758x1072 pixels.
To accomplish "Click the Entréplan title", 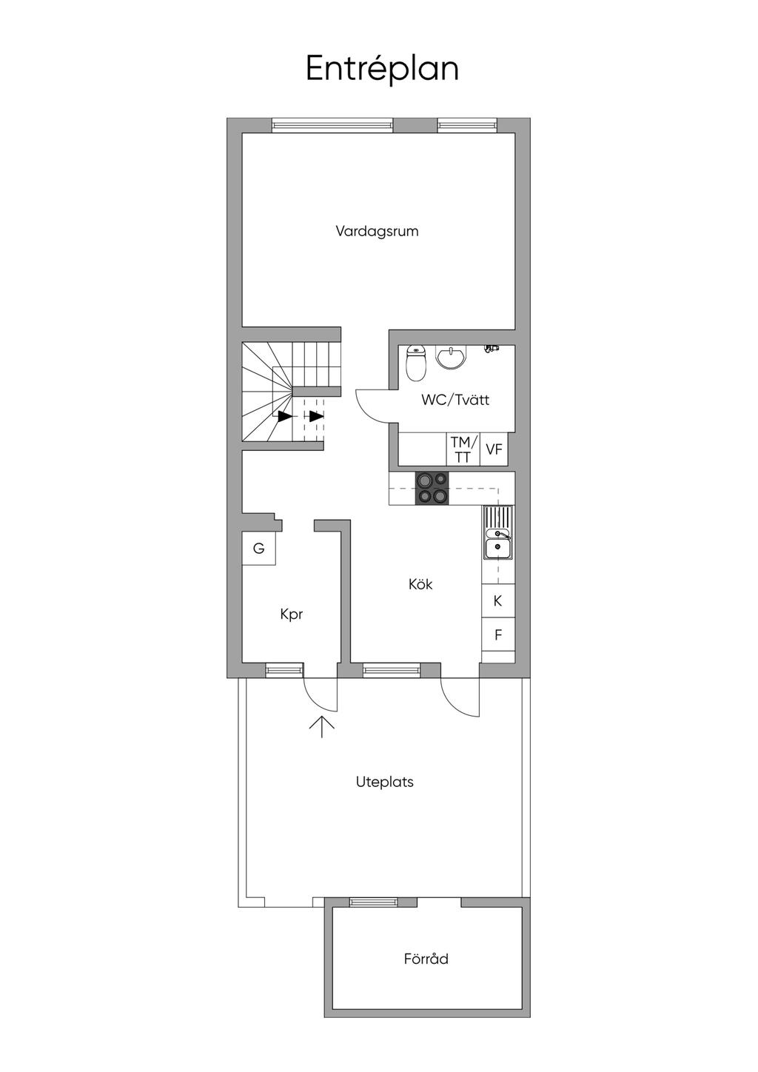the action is pos(382,69).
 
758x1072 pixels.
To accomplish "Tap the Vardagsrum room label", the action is pos(377,231).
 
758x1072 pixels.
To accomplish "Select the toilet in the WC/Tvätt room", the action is pos(415,364).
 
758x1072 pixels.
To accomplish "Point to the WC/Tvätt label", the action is pos(455,399).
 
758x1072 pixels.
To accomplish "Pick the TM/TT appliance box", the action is pos(463,449).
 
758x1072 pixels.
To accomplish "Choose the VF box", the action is pos(494,449).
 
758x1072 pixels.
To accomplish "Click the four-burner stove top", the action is pos(432,488).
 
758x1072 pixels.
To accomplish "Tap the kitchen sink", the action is pos(497,532).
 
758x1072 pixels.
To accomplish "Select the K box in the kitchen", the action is pos(497,601).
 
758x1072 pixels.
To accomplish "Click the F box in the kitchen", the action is pos(497,634).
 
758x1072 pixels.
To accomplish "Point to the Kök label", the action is pos(420,584).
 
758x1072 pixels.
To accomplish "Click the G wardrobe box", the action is pos(259,549).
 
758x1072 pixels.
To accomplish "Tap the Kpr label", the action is pos(292,614).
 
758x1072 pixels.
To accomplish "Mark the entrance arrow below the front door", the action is pos(321,726).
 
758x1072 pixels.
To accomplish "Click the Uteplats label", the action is pos(384,782).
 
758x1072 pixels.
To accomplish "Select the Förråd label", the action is pos(426,959).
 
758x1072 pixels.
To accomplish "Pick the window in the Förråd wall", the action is pos(374,902).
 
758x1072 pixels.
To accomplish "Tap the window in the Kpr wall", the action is pos(285,671).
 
